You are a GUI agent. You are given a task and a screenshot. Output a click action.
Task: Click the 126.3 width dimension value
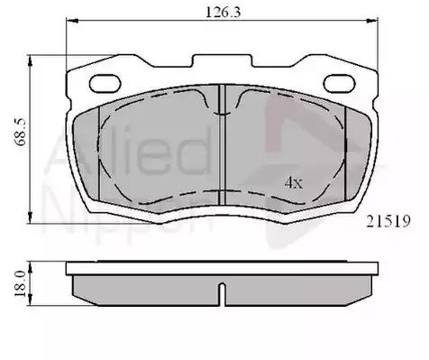[223, 13]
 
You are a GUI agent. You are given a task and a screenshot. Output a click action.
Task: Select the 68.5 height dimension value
[22, 132]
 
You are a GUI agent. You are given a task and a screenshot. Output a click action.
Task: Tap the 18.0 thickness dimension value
[21, 283]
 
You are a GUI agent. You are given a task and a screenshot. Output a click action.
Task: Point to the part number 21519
[388, 222]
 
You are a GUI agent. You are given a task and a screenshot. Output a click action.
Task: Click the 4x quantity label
[294, 182]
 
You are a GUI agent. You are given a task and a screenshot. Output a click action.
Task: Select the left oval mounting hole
[105, 83]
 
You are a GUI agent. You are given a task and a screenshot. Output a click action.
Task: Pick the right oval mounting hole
[339, 83]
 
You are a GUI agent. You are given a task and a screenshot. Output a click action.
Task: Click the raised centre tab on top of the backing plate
[222, 60]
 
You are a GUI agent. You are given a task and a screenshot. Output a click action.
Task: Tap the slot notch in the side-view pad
[222, 293]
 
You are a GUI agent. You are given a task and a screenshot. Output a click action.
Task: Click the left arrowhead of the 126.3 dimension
[72, 21]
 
